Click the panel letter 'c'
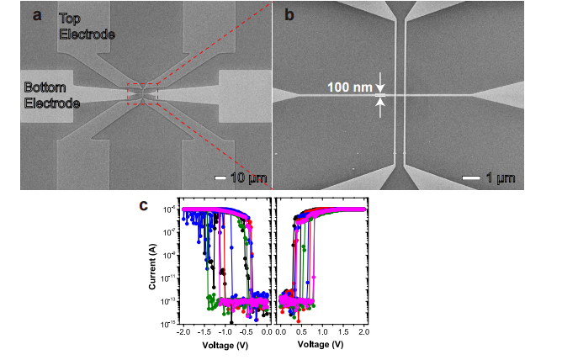145,204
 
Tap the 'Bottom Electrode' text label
50,95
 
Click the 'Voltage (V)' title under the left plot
225,345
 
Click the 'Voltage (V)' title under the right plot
321,345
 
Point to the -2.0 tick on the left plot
183,332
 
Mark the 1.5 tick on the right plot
342,332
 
